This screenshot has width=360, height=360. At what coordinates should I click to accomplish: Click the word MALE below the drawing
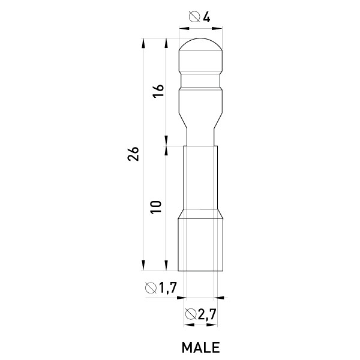(x=200, y=347)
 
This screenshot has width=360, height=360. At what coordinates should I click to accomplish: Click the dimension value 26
(x=133, y=154)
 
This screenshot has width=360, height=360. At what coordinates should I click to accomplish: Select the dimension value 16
(x=158, y=91)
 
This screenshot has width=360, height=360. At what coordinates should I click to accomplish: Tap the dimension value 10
(x=156, y=208)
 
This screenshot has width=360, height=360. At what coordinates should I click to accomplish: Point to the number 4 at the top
(x=206, y=17)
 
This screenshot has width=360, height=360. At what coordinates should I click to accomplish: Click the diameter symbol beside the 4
(x=194, y=17)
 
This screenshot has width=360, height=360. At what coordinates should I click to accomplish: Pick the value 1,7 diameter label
(x=168, y=288)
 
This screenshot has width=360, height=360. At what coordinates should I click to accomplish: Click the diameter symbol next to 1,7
(x=151, y=288)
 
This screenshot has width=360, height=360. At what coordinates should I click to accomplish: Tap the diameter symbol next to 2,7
(x=191, y=314)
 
